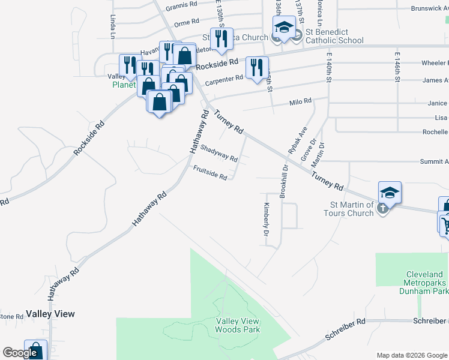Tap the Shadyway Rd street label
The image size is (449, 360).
[219, 154]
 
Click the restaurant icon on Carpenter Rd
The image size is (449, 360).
[257, 67]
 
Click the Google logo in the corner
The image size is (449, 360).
[20, 353]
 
